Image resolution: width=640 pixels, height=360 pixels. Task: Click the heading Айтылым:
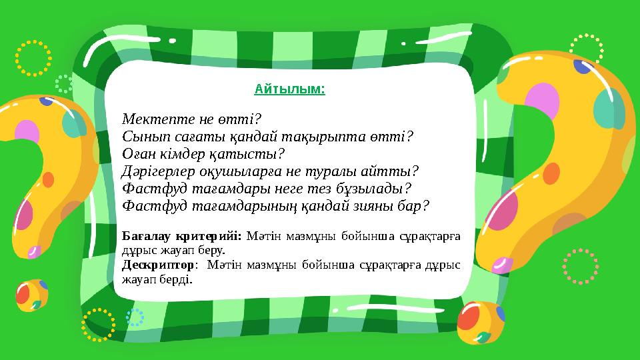(290, 88)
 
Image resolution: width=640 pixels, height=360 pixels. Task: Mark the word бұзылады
(375, 189)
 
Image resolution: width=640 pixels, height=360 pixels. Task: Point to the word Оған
(140, 155)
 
